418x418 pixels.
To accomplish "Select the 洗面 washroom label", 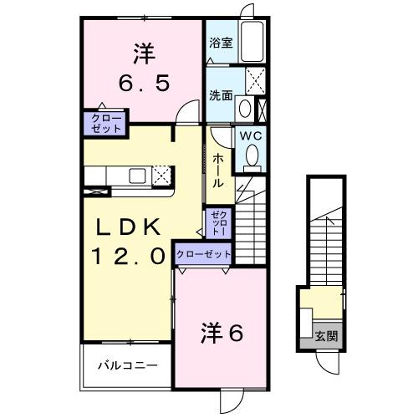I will click(220, 94).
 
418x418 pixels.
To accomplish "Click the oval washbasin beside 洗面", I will click(243, 109).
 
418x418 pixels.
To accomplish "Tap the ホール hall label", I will click(217, 170).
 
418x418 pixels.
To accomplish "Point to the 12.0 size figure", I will click(130, 256).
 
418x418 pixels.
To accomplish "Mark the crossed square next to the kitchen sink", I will click(162, 175).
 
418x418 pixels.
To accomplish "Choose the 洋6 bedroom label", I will click(222, 333).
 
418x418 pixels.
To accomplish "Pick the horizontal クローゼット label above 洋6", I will click(203, 254).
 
